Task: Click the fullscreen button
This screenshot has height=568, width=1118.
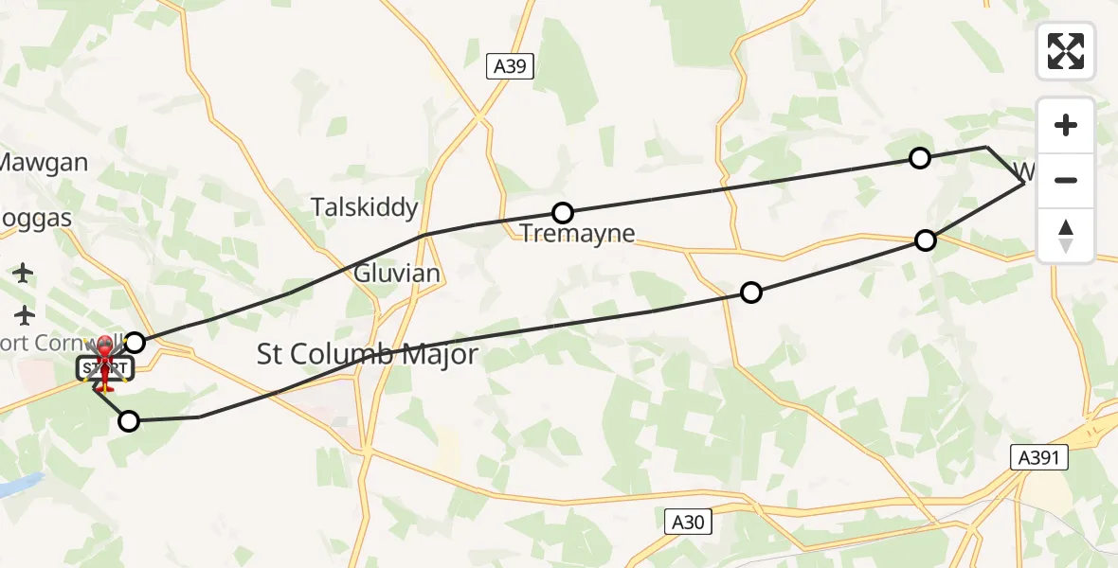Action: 1065,51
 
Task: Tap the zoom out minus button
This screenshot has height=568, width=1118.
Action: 1065,181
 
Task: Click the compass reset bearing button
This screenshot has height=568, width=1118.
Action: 1065,236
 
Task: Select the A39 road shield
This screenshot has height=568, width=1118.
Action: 512,66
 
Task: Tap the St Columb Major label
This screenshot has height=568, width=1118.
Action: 368,355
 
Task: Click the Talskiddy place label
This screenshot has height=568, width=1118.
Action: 365,207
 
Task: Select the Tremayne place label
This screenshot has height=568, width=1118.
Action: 577,233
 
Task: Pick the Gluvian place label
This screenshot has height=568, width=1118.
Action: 397,274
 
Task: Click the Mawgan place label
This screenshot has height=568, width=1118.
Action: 44,162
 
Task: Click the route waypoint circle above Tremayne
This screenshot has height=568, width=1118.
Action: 563,212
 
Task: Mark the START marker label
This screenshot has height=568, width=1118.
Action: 104,367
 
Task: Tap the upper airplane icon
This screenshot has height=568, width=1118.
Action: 24,273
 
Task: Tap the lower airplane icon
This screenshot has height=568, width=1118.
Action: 24,313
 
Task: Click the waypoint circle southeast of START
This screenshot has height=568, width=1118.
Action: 129,421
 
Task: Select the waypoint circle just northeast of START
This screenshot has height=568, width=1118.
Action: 135,342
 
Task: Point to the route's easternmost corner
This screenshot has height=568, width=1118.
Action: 1024,184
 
